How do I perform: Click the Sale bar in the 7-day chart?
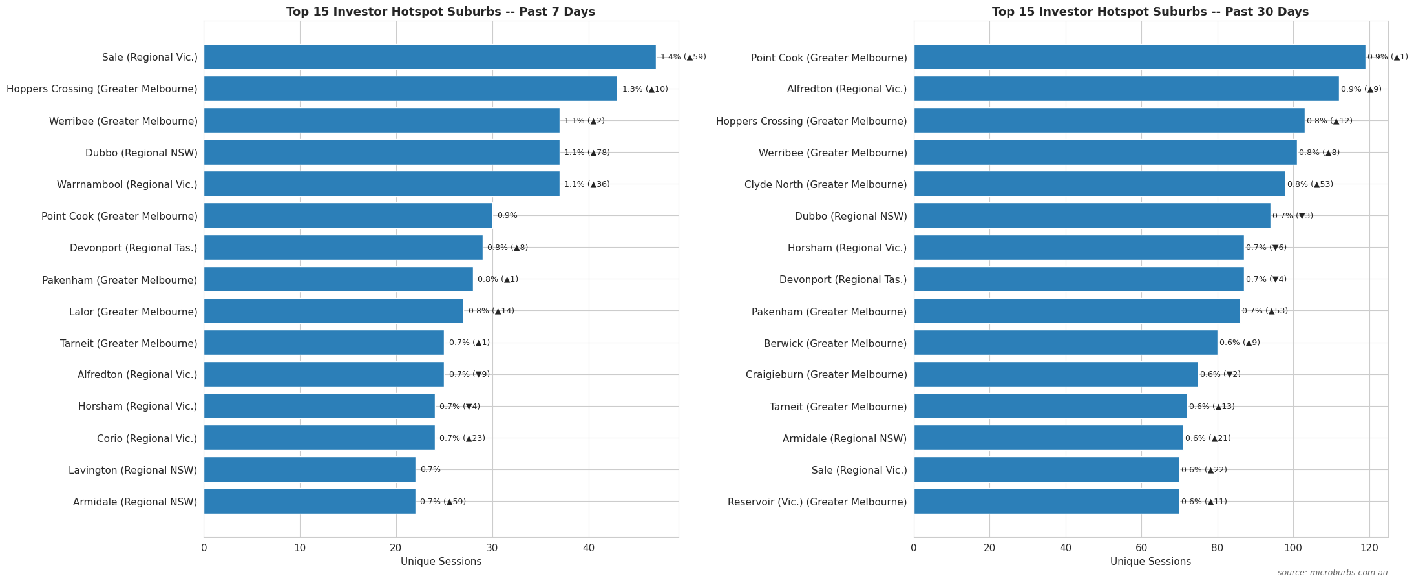(429, 57)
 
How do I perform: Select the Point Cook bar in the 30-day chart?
(1139, 57)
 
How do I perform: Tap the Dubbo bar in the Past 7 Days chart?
(381, 153)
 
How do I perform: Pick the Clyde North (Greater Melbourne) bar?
(1099, 184)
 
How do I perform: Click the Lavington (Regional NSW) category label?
(132, 471)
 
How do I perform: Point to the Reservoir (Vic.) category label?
(817, 502)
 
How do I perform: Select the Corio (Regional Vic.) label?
(147, 439)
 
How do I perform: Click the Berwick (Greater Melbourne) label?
(835, 344)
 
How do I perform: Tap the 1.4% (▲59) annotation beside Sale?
(683, 57)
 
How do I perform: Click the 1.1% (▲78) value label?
(587, 153)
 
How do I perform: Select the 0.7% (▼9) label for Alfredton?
(469, 374)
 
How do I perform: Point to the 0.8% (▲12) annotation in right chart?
(1329, 121)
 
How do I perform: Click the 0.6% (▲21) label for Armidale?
(1208, 438)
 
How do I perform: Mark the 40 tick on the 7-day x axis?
(588, 548)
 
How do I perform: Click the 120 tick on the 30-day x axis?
(1369, 548)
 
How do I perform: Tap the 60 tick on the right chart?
(1141, 548)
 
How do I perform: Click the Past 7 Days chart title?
(440, 12)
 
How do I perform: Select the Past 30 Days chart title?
(1150, 12)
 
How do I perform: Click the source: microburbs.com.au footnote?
(1332, 573)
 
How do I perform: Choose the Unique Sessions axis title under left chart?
(441, 562)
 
